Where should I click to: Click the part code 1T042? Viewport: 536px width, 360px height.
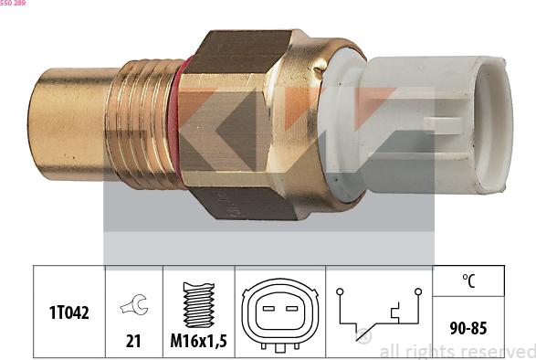(x=69, y=312)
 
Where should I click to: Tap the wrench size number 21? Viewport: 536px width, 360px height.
(x=133, y=341)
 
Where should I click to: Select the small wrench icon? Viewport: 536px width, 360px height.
(x=134, y=304)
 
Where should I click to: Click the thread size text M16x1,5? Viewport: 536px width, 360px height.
(x=199, y=341)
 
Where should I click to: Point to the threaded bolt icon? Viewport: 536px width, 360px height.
(x=199, y=304)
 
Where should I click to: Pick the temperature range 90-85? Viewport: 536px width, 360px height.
(x=468, y=328)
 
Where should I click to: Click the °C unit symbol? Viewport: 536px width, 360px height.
(x=469, y=281)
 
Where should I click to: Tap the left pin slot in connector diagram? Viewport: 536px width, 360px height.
(x=268, y=309)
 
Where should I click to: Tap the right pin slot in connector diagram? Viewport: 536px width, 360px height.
(x=291, y=309)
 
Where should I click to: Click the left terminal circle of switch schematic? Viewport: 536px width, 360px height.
(x=340, y=291)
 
